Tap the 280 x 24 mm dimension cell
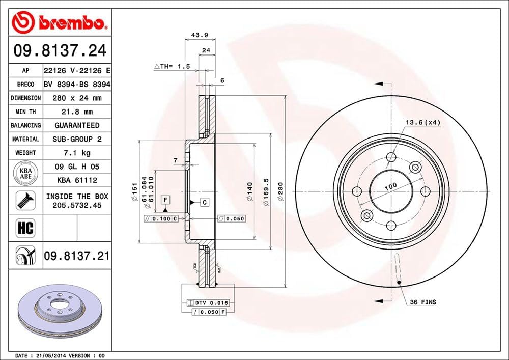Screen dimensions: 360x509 click(x=76, y=98)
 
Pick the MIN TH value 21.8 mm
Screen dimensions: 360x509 click(x=76, y=112)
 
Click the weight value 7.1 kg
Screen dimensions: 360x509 click(x=76, y=152)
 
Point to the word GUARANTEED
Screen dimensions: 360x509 click(x=77, y=125)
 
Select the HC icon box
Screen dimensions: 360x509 click(x=25, y=228)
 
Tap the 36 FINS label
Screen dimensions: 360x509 click(x=423, y=302)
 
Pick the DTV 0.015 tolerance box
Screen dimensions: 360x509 click(x=208, y=303)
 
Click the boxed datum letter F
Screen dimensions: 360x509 click(x=166, y=199)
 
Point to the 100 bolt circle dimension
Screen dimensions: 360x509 click(x=390, y=187)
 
